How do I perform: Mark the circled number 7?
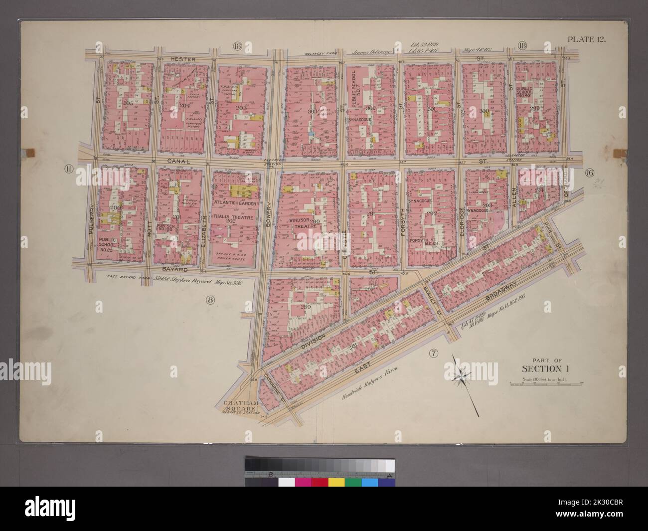click(x=433, y=354)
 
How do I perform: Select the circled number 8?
click(x=210, y=299)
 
